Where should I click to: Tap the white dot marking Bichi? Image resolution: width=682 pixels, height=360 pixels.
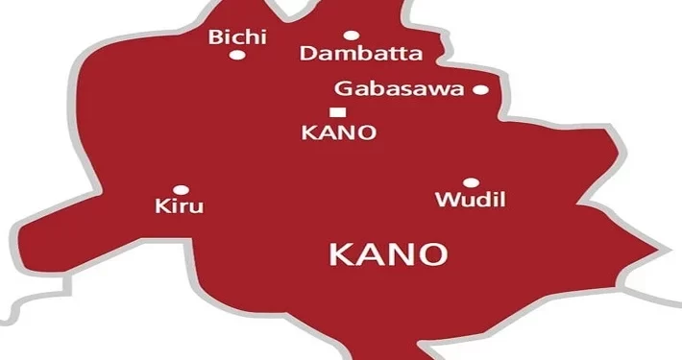(x=236, y=55)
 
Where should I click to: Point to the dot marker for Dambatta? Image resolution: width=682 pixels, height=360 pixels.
(x=351, y=36)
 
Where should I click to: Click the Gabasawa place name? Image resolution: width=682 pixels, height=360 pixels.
(x=400, y=90)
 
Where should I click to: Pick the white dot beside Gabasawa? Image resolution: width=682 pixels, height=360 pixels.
(x=480, y=90)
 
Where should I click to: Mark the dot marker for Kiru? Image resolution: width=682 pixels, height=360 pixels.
(x=180, y=189)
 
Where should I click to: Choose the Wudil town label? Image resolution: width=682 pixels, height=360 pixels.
(x=470, y=200)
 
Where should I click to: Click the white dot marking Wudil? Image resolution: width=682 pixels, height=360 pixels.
(x=471, y=182)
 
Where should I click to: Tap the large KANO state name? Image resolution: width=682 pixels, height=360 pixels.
(x=388, y=254)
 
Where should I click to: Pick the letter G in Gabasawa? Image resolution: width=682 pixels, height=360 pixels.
(x=343, y=90)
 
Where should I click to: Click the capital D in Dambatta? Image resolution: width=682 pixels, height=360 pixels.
(x=307, y=54)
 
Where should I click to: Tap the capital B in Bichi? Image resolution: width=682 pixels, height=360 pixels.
(x=215, y=36)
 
